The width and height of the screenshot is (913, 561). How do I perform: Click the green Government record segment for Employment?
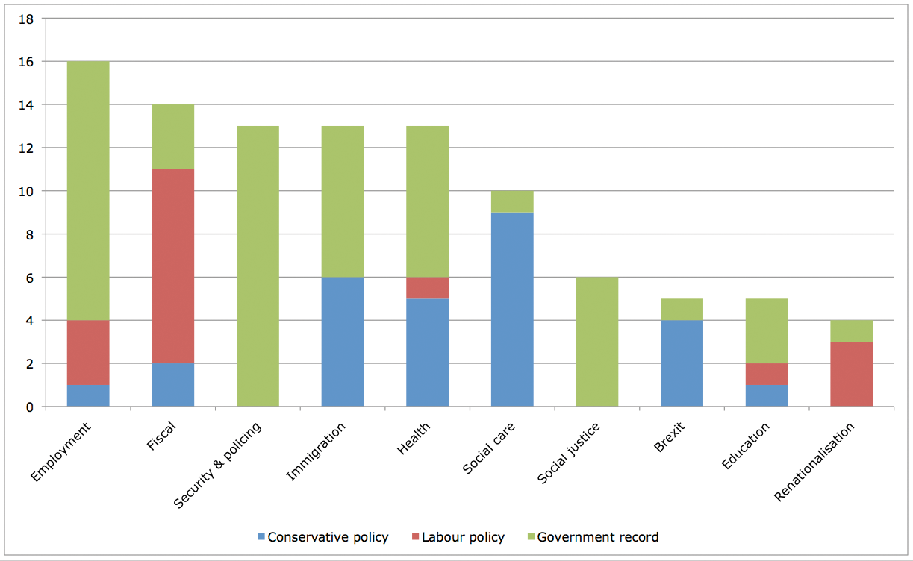(88, 191)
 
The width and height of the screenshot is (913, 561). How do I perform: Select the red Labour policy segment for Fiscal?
(172, 267)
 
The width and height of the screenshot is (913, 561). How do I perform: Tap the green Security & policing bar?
(258, 266)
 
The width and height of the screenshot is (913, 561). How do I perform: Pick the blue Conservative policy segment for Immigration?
(343, 342)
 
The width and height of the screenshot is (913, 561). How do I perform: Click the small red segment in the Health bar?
(427, 288)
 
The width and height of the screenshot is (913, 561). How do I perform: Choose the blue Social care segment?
(512, 310)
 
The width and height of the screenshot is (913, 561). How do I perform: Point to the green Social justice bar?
(596, 342)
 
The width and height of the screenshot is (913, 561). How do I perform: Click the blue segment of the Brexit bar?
(682, 363)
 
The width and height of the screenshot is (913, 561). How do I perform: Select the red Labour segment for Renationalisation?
(851, 374)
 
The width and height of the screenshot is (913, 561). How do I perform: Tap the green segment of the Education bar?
(767, 331)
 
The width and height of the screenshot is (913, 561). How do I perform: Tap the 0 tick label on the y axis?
(31, 407)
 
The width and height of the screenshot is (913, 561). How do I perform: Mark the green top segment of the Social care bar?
(512, 201)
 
